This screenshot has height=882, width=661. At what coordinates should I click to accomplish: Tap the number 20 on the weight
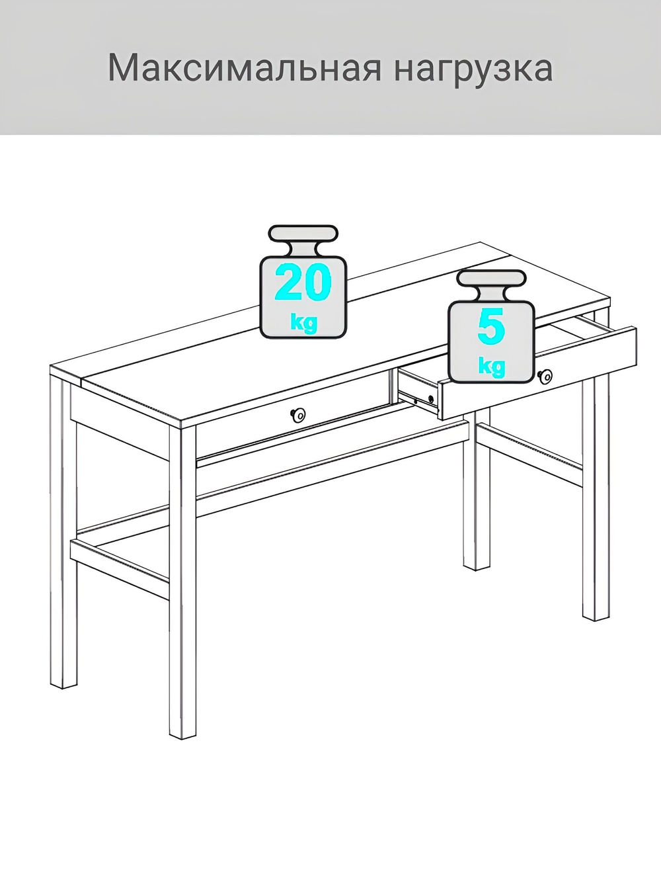(303, 283)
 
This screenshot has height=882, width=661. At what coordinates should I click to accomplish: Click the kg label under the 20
(303, 324)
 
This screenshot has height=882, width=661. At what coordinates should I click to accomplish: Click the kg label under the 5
(491, 366)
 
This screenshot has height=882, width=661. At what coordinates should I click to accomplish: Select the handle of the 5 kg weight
(492, 279)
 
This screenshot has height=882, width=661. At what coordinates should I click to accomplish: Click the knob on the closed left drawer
(298, 415)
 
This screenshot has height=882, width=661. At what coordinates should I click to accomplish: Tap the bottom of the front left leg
(183, 731)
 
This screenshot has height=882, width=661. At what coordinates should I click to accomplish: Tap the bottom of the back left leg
(64, 682)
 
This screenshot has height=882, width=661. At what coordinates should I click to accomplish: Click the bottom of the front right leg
(595, 612)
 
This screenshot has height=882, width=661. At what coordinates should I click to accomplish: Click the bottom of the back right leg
(476, 562)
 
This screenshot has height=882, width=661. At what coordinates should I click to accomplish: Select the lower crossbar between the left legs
(119, 559)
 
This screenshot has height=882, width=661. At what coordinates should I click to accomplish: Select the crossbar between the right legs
(529, 457)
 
